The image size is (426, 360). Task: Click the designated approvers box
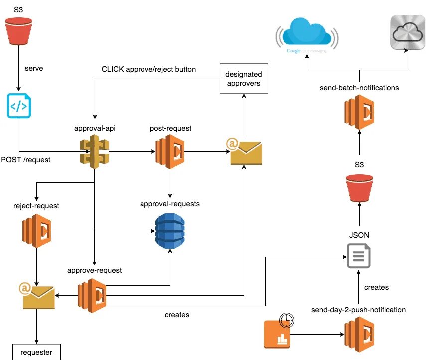point(243,79)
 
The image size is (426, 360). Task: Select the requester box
point(36,352)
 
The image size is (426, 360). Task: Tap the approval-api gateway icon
point(95,152)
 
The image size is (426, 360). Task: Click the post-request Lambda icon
point(170,151)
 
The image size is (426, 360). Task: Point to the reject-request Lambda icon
point(36,231)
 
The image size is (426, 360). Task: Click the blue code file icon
point(19,105)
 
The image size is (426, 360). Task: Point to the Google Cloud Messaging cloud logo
point(306,35)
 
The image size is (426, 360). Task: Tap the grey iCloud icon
point(408,32)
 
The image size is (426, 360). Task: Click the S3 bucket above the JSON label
point(359,188)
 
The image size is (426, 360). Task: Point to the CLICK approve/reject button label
point(148,69)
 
